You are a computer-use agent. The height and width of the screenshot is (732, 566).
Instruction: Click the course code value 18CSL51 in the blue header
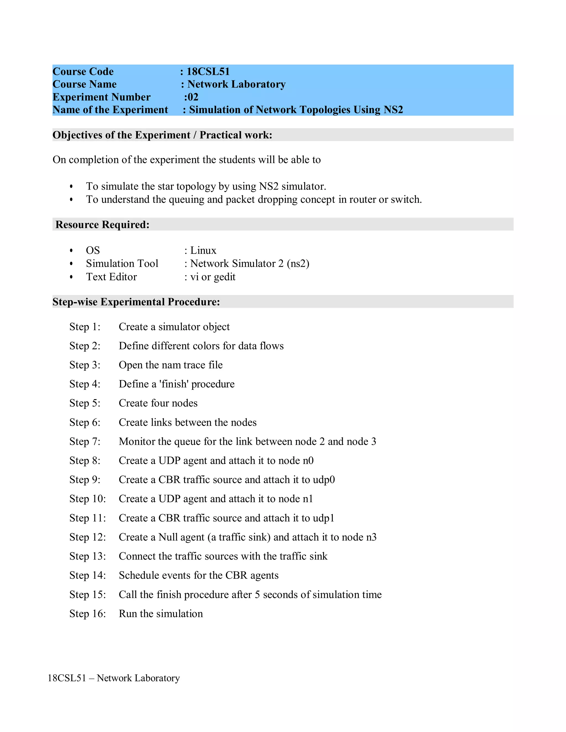[x=208, y=71]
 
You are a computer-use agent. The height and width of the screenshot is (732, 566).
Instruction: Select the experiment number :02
[x=191, y=97]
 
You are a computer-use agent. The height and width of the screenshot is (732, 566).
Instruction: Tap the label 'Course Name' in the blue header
[x=85, y=84]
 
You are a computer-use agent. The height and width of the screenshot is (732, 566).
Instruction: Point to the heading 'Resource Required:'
[x=102, y=225]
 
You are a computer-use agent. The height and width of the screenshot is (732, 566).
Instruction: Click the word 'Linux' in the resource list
[x=203, y=250]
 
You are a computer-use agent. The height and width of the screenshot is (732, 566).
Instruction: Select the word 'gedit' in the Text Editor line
[x=225, y=277]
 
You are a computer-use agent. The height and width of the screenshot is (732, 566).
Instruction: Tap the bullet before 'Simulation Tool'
[x=71, y=264]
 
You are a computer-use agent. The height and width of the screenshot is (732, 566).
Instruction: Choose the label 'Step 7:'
[x=85, y=441]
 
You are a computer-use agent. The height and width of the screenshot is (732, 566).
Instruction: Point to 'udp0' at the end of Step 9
[x=324, y=480]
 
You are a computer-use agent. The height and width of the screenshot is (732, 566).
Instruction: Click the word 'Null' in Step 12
[x=168, y=537]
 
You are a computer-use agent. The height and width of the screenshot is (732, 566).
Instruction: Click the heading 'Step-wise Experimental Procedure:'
[x=136, y=302]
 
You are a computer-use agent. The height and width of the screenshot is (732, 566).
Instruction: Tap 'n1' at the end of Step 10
[x=308, y=499]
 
